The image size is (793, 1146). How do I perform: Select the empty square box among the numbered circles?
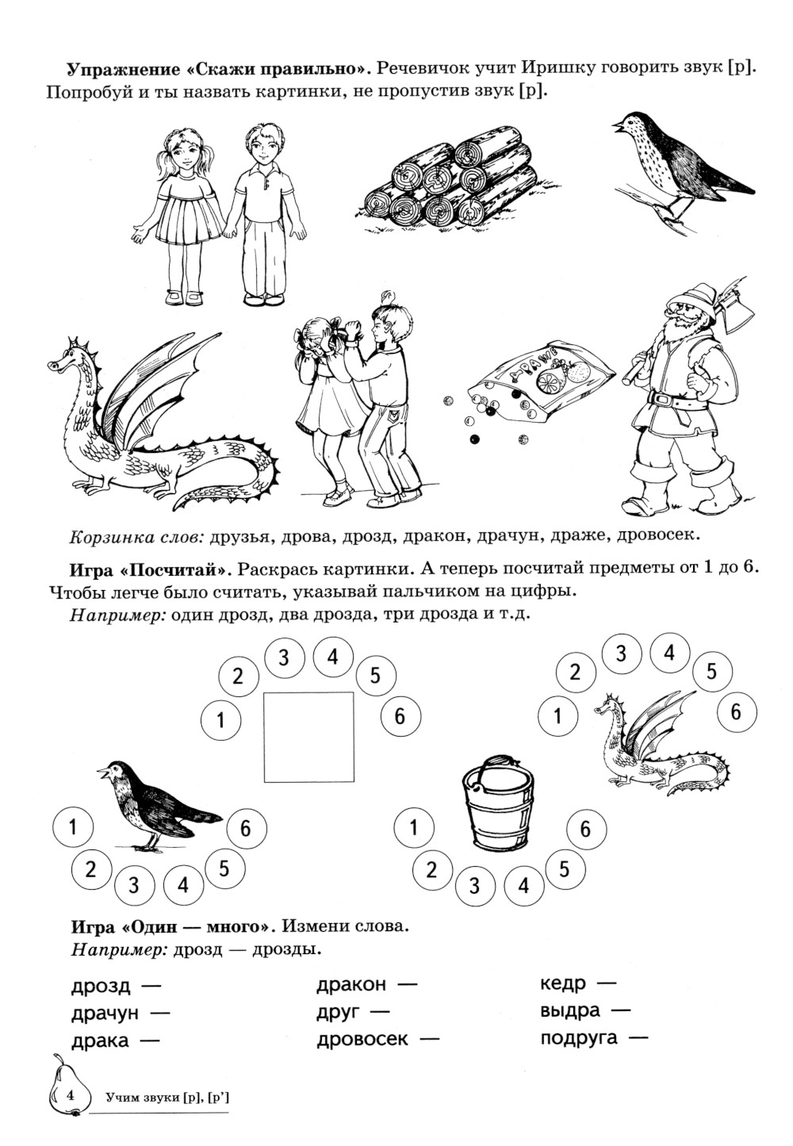tap(308, 738)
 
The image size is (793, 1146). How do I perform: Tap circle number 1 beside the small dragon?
tap(558, 715)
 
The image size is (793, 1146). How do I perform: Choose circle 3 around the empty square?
tap(284, 657)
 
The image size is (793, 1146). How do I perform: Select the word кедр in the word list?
tap(563, 983)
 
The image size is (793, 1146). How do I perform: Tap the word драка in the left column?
tap(100, 1041)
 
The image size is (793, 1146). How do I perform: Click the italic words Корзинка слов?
tap(137, 537)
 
